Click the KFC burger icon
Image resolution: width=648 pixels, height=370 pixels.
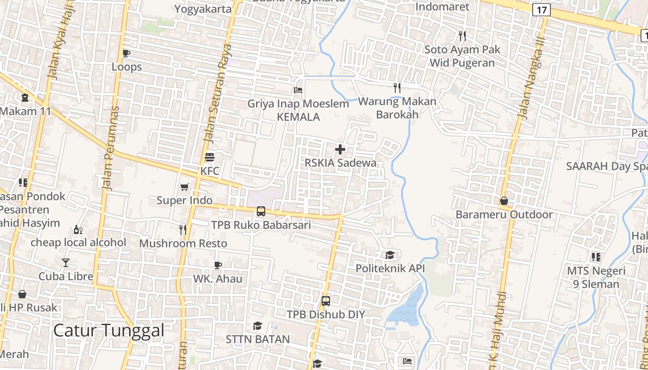click(210, 157)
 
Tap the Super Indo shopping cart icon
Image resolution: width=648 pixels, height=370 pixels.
click(185, 187)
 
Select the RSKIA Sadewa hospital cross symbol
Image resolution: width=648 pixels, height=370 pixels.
click(340, 149)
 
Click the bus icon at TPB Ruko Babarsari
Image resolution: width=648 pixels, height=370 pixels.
click(261, 211)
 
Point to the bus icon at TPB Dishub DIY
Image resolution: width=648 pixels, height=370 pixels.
click(326, 301)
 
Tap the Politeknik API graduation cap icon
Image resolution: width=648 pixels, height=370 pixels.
click(390, 255)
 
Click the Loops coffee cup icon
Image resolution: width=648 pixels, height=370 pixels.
click(126, 53)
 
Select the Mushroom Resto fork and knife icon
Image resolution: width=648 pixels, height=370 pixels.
click(183, 229)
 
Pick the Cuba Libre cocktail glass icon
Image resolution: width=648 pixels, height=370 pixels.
click(66, 263)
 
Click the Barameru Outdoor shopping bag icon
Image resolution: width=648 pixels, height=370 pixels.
click(504, 201)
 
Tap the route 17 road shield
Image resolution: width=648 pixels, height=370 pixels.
click(541, 9)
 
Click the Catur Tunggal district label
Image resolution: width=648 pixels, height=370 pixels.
click(109, 331)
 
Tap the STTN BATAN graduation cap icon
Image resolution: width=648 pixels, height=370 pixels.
click(257, 326)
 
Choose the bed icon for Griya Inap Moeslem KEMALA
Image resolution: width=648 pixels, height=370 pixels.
click(298, 90)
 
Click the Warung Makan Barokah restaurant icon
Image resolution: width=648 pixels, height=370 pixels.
click(397, 87)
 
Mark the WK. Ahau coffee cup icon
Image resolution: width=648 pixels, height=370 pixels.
click(218, 265)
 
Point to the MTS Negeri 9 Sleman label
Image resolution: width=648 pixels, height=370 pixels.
click(596, 277)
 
